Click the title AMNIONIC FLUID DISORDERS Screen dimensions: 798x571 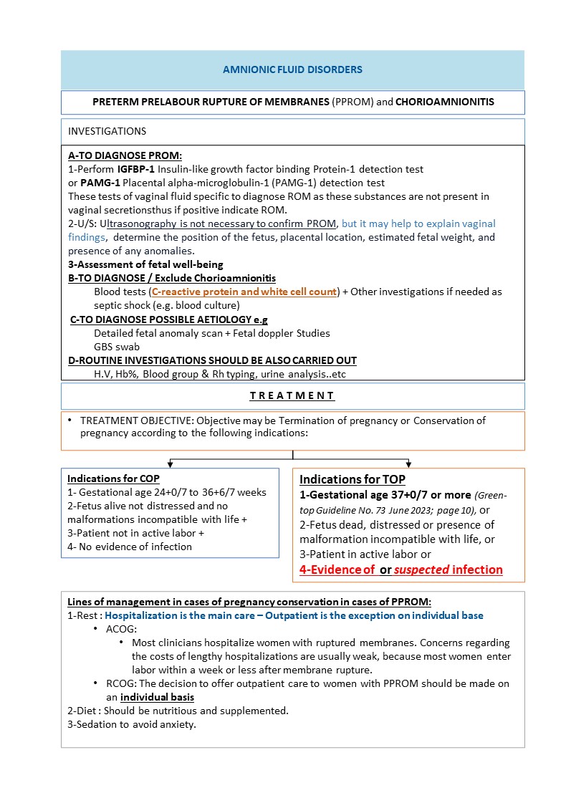[292, 69]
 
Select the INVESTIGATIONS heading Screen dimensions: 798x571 [107, 131]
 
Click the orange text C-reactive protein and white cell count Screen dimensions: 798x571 [244, 292]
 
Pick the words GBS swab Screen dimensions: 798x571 [117, 347]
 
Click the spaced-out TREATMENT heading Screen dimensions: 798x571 [292, 395]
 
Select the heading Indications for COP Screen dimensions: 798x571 [113, 479]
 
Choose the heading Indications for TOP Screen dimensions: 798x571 [352, 480]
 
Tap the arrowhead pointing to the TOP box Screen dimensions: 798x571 [409, 463]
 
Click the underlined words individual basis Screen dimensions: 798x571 [157, 697]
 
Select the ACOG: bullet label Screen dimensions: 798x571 [119, 628]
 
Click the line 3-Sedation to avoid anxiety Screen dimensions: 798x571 [132, 724]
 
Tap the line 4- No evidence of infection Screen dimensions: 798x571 [130, 547]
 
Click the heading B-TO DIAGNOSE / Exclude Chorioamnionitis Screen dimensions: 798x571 [172, 278]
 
